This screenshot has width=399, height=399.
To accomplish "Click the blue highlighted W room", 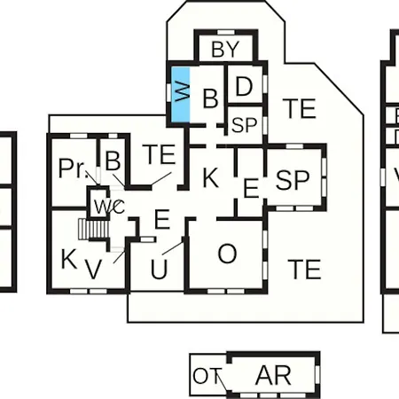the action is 181,94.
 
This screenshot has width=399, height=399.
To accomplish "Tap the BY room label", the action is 225,50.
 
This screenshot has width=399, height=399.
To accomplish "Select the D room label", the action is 244,86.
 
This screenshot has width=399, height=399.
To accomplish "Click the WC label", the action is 110,207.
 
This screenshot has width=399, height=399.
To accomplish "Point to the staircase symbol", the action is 93,229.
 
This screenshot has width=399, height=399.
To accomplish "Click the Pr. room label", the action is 74,168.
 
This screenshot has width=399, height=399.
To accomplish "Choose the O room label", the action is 227,254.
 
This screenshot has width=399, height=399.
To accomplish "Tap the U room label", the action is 159,270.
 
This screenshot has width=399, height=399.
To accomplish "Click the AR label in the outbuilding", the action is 273,375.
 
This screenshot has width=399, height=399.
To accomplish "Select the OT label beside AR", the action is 207,376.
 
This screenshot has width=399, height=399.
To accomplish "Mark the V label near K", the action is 94,269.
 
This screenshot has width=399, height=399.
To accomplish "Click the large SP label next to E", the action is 293,180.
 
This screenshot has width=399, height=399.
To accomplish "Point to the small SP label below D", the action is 244,125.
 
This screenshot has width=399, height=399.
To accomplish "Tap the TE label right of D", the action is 299,108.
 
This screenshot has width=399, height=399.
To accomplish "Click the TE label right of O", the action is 304,270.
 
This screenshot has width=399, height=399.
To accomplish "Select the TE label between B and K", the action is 160,154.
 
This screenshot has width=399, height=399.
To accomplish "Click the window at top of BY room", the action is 226,32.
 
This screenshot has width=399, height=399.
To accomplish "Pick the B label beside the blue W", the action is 211,98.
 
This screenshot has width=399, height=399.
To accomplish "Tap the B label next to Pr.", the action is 113,161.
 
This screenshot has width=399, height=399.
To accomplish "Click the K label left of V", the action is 69,259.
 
